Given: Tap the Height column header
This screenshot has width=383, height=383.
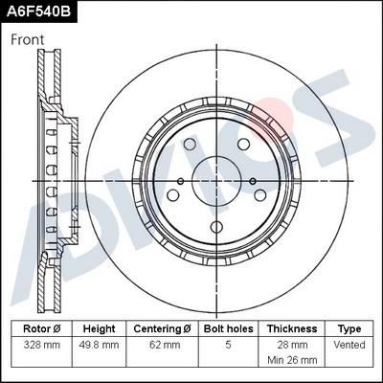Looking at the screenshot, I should pyautogui.click(x=99, y=327).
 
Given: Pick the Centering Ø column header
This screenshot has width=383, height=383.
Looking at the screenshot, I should pyautogui.click(x=163, y=327).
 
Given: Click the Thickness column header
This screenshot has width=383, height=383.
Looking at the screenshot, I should pyautogui.click(x=291, y=327).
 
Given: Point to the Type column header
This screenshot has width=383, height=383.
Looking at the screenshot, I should pyautogui.click(x=349, y=327).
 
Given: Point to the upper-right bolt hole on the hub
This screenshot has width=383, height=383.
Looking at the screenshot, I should pyautogui.click(x=243, y=144).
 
